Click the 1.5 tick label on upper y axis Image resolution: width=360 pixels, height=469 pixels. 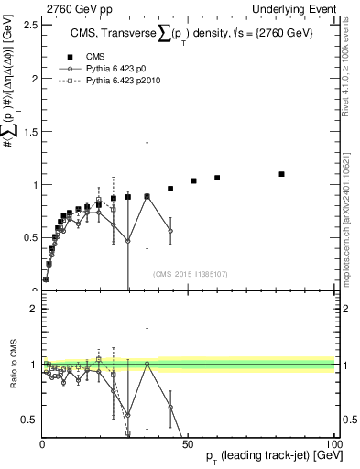coord(30,131)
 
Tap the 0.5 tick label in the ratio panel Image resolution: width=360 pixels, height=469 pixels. coord(30,420)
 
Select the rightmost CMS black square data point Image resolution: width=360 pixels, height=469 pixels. coord(281,174)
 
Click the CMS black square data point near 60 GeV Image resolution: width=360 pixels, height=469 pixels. coord(217,178)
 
